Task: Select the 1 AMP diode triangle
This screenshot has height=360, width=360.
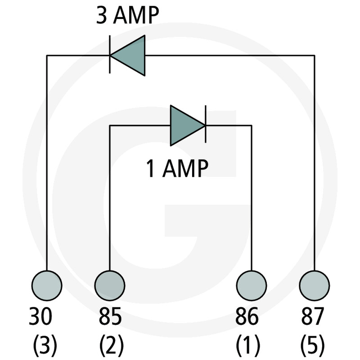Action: [185, 126]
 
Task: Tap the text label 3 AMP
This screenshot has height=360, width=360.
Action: [127, 17]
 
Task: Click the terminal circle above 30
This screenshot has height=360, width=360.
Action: [47, 285]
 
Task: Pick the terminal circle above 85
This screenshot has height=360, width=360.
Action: [109, 285]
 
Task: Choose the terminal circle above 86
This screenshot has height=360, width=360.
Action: [252, 285]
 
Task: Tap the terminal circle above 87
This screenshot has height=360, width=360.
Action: [314, 285]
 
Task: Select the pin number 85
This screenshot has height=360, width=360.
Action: [109, 317]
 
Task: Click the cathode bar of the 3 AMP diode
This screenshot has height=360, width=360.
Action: [110, 56]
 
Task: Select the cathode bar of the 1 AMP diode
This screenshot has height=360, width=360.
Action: [205, 126]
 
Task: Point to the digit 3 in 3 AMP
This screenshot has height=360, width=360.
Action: [102, 17]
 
